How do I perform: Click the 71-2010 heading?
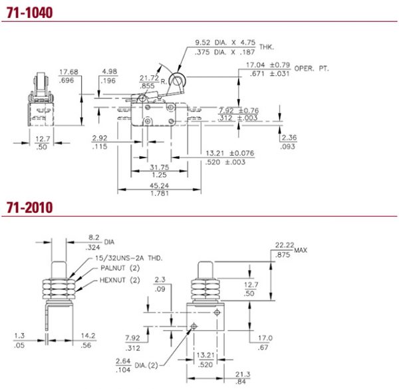(x=30, y=207)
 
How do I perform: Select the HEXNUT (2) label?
(x=118, y=280)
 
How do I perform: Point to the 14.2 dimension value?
(x=86, y=336)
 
